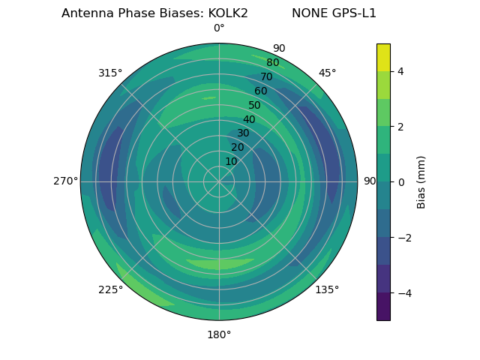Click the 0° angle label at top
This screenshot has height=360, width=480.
click(x=219, y=28)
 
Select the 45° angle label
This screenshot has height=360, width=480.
click(x=327, y=73)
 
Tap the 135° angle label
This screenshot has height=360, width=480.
click(x=327, y=289)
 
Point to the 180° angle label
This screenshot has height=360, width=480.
click(x=219, y=334)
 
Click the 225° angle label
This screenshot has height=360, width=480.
click(x=110, y=289)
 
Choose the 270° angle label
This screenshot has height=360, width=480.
click(x=65, y=181)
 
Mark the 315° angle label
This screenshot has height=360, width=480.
click(x=110, y=73)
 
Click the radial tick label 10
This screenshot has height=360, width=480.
click(x=231, y=161)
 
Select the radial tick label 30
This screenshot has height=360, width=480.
click(x=243, y=133)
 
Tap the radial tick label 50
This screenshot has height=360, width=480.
click(x=255, y=106)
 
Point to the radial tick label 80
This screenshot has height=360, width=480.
click(x=273, y=63)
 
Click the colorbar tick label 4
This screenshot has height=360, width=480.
click(x=400, y=71)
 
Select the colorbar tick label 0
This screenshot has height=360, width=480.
click(x=400, y=181)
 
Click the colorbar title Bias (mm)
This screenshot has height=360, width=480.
click(x=421, y=181)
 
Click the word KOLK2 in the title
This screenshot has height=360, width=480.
click(x=223, y=13)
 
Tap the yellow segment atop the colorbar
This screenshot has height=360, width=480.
click(x=383, y=57)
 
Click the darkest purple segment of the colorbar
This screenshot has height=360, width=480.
click(x=383, y=306)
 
